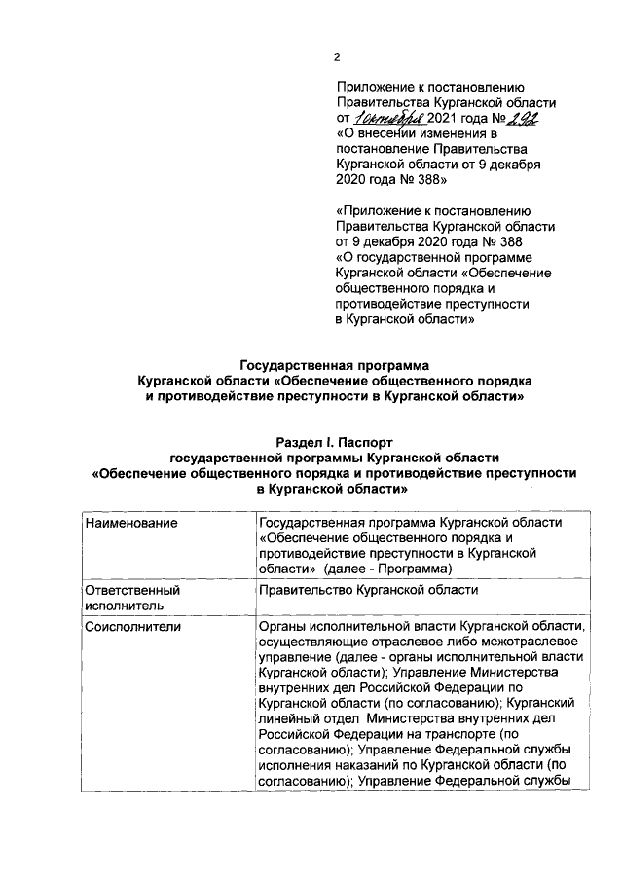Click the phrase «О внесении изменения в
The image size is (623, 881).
click(418, 133)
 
